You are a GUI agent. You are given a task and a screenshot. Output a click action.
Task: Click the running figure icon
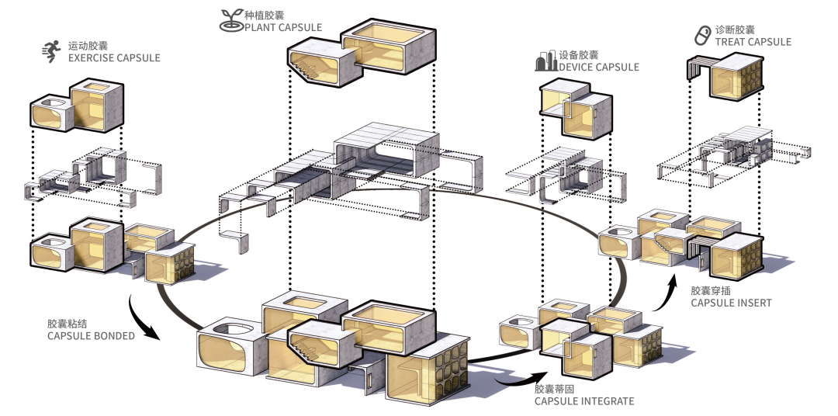[x=51, y=51]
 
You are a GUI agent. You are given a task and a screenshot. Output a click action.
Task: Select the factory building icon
[x=545, y=61]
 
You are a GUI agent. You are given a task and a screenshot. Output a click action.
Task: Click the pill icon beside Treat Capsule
[x=701, y=35]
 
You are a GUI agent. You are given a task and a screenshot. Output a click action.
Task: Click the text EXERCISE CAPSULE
[x=114, y=57]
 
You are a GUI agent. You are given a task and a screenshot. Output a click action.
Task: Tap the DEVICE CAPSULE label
[x=599, y=68]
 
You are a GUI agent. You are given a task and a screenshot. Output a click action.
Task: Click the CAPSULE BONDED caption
[x=91, y=336]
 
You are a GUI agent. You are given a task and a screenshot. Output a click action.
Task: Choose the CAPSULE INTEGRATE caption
[x=584, y=401]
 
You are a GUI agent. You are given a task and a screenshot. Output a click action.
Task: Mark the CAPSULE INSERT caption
[x=731, y=303]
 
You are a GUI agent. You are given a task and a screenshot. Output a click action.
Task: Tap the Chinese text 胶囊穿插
[x=712, y=290]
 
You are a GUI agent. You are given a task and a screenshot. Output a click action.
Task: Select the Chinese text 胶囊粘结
[x=67, y=323]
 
